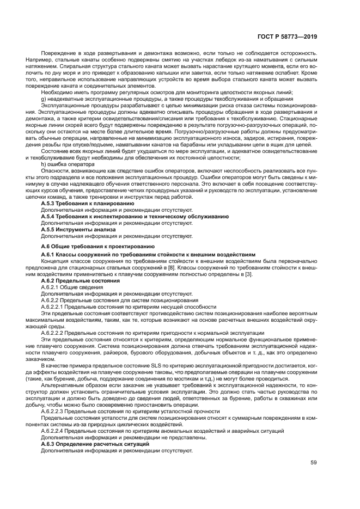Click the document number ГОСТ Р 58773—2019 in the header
(287, 37)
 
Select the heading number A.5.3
(48, 203)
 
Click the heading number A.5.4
(48, 216)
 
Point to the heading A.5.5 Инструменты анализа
(78, 229)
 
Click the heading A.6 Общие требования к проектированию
(97, 247)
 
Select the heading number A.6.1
(48, 254)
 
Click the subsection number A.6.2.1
(51, 287)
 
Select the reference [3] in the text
(248, 274)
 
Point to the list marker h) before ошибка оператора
(44, 164)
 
